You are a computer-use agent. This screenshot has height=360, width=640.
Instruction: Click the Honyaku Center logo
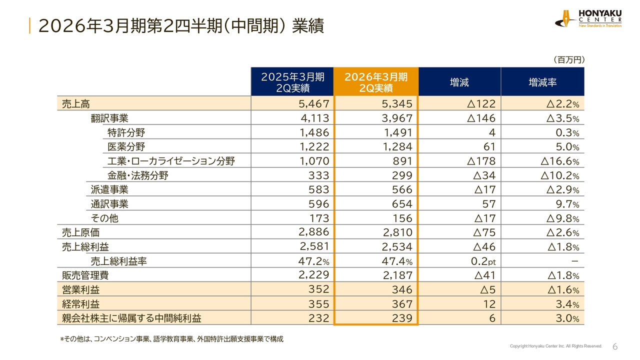point(588,18)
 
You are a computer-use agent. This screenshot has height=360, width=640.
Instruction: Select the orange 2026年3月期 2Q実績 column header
point(376,82)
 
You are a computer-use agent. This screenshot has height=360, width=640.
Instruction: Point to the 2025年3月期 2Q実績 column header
point(292,82)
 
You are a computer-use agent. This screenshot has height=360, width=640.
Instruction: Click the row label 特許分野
point(126,132)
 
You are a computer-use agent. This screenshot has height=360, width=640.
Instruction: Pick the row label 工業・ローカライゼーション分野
point(171,161)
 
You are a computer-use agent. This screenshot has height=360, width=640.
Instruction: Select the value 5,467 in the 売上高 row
point(314,104)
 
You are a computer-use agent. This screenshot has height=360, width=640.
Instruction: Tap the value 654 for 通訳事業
point(398,204)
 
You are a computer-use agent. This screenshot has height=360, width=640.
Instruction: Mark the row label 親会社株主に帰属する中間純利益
point(131,318)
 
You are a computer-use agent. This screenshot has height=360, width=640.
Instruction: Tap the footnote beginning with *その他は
point(171,339)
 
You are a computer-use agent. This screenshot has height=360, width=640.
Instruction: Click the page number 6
point(615,347)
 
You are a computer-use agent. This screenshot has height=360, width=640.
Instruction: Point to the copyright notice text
point(556,346)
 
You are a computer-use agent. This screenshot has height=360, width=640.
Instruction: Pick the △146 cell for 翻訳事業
point(480,118)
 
